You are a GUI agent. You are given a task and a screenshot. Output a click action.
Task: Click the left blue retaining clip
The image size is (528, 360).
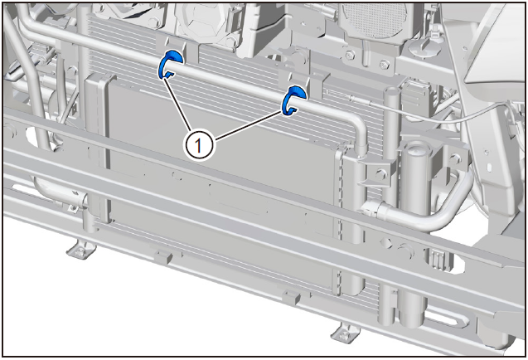tap(171, 64)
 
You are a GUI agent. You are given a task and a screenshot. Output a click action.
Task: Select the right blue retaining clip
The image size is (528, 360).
tap(294, 100)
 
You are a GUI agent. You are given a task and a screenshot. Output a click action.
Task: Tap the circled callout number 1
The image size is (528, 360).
tap(198, 145)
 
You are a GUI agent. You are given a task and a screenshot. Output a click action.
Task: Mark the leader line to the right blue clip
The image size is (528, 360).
tap(249, 124)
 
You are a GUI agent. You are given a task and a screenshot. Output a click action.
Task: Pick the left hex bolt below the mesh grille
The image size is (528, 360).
tap(351, 54)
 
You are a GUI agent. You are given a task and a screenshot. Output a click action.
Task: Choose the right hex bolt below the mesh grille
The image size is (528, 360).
tap(384, 64)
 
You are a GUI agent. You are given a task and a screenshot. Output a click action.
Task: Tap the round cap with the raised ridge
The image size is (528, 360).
tap(425, 46)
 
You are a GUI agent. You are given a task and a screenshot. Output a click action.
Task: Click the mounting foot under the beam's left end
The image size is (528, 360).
tap(81, 251)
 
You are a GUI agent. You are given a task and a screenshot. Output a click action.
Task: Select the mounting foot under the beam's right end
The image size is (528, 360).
tap(345, 333)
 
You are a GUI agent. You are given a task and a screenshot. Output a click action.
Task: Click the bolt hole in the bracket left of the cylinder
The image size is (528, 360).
tap(380, 174)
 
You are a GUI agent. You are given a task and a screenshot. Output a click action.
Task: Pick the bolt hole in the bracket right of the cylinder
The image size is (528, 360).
tap(454, 157)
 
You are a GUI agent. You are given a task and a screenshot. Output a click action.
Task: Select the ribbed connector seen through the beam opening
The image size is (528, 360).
tap(437, 259)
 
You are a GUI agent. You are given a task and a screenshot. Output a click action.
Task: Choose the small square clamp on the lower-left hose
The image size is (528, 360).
tap(72, 209)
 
